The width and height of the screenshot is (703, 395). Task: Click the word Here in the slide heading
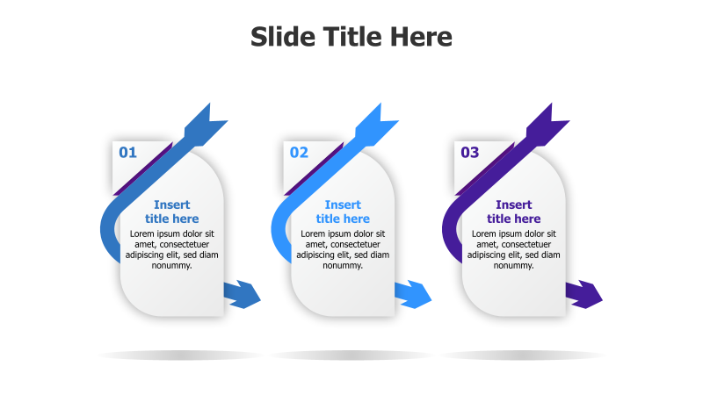[x=421, y=37]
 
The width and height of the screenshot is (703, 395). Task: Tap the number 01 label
[x=128, y=153]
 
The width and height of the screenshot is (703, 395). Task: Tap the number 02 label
[x=300, y=153]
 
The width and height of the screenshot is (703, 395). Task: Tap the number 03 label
[x=470, y=153]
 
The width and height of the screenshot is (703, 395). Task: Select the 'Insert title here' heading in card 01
[x=172, y=212]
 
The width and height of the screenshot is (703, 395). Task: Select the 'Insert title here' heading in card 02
[x=343, y=212]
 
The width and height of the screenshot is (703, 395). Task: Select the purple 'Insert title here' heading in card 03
[x=514, y=212]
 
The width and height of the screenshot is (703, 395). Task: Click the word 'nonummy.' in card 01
[x=172, y=265]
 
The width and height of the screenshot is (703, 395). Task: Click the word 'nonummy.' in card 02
[x=343, y=265]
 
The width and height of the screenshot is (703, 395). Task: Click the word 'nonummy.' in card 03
[x=514, y=265]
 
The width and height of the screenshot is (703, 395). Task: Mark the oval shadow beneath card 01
[x=180, y=355]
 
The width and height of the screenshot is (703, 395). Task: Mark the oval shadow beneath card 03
[x=522, y=355]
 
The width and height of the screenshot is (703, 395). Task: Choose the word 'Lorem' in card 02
[x=315, y=233]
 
